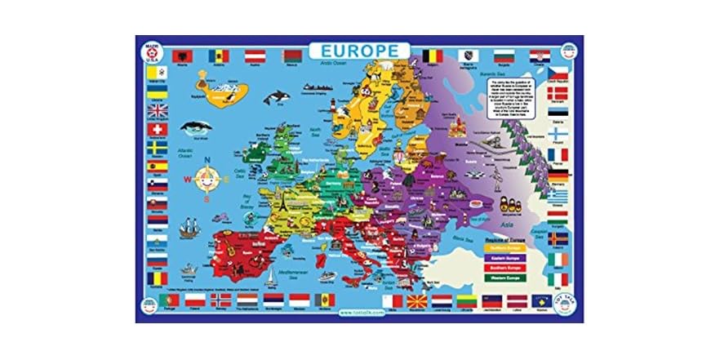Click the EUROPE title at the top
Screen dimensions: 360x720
tap(360, 49)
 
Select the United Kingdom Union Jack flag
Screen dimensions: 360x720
tap(158, 110)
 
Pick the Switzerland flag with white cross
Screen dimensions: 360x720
tap(158, 130)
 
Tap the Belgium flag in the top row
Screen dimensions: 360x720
tap(433, 56)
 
